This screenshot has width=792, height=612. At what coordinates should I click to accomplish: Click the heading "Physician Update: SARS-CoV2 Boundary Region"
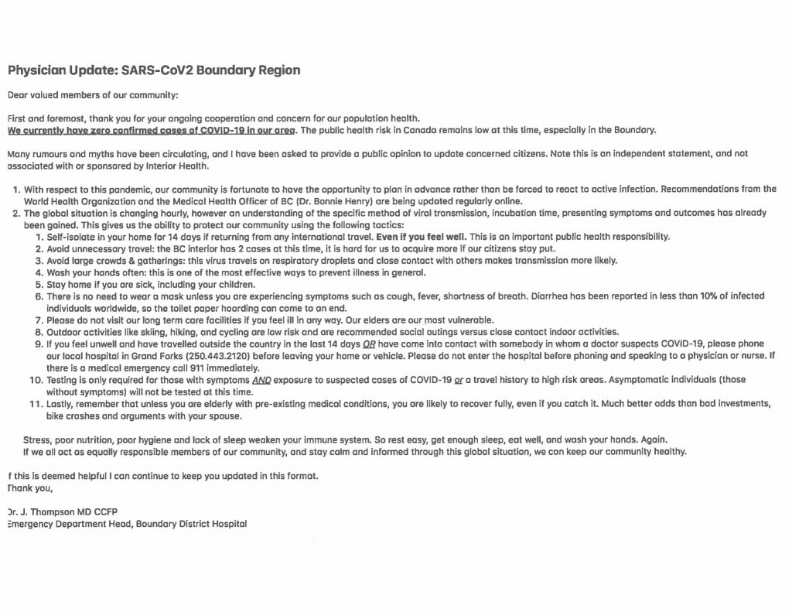coord(154,70)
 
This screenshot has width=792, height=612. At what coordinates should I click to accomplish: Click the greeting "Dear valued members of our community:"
coord(93,95)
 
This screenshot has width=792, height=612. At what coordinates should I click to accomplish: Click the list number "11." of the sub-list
coord(36,404)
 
